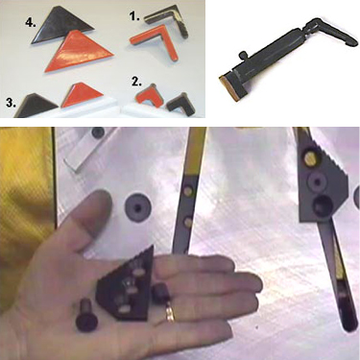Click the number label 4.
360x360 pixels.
coord(31,23)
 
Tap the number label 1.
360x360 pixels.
coord(134,15)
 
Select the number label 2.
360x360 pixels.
coord(136,82)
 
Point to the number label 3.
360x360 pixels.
coord(11,103)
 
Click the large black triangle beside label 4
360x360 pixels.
coord(60,24)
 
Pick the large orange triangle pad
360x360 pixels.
coord(79,51)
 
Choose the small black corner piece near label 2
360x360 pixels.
coord(180,101)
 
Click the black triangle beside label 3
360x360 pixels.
coord(36,105)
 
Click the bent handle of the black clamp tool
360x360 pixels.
coord(329,31)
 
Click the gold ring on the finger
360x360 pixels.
coord(170,313)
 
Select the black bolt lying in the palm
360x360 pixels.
coord(84,314)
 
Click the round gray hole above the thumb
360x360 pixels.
coord(137,207)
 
